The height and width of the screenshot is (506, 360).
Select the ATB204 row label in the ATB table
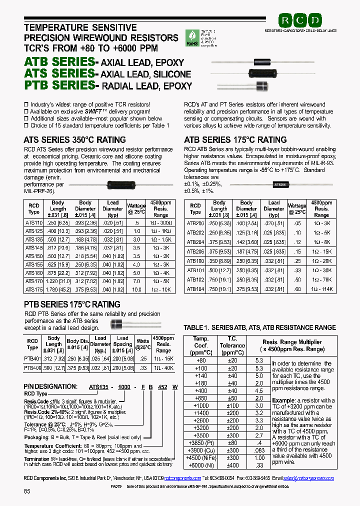[x=195, y=241]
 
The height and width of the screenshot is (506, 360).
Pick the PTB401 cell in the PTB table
[x=32, y=358]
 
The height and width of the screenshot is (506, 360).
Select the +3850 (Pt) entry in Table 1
[x=201, y=442]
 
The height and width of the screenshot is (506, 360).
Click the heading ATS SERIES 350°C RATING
[x=74, y=140]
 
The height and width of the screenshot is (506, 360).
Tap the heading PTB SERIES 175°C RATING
[x=72, y=304]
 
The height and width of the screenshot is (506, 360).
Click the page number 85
[x=27, y=491]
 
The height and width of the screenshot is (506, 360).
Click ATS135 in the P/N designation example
[x=98, y=386]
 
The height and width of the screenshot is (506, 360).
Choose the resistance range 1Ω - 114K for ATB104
[x=321, y=288]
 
